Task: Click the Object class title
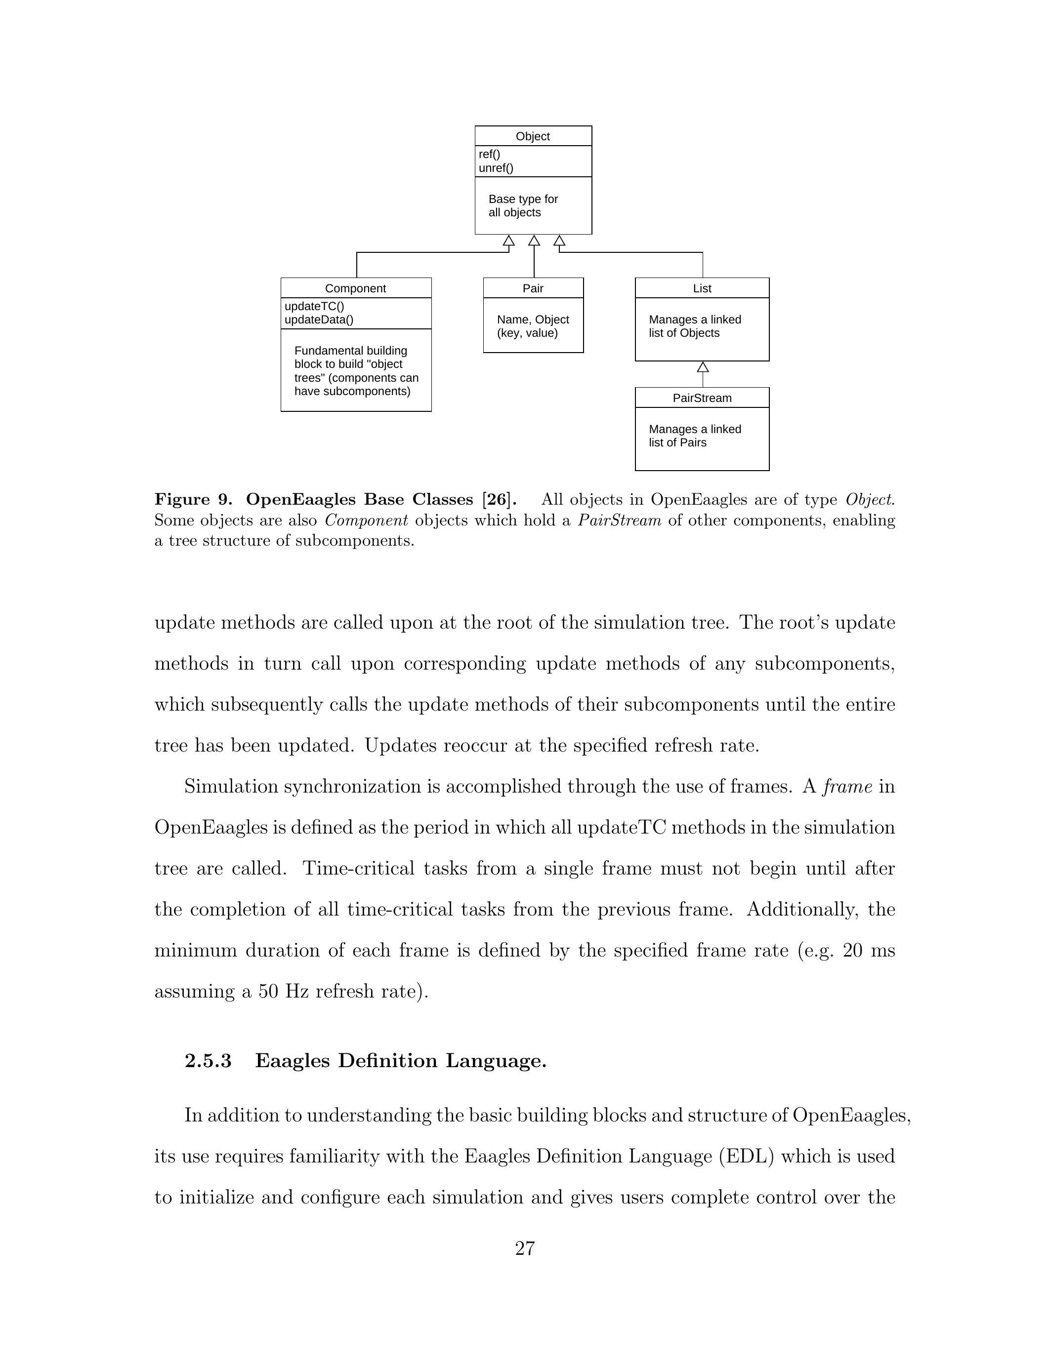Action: point(533,136)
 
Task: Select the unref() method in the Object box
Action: point(496,168)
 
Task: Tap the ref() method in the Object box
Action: point(489,154)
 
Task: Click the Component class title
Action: point(355,288)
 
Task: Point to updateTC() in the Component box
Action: point(314,306)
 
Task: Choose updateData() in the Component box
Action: point(319,320)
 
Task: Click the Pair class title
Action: point(533,288)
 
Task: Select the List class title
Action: point(702,288)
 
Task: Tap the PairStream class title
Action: point(702,398)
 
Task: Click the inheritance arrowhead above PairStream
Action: point(703,367)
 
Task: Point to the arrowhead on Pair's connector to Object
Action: point(534,240)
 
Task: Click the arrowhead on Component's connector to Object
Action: point(509,240)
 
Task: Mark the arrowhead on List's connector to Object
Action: point(559,240)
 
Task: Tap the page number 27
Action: point(524,1248)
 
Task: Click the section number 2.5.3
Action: point(208,1060)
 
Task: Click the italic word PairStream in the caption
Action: point(619,520)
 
